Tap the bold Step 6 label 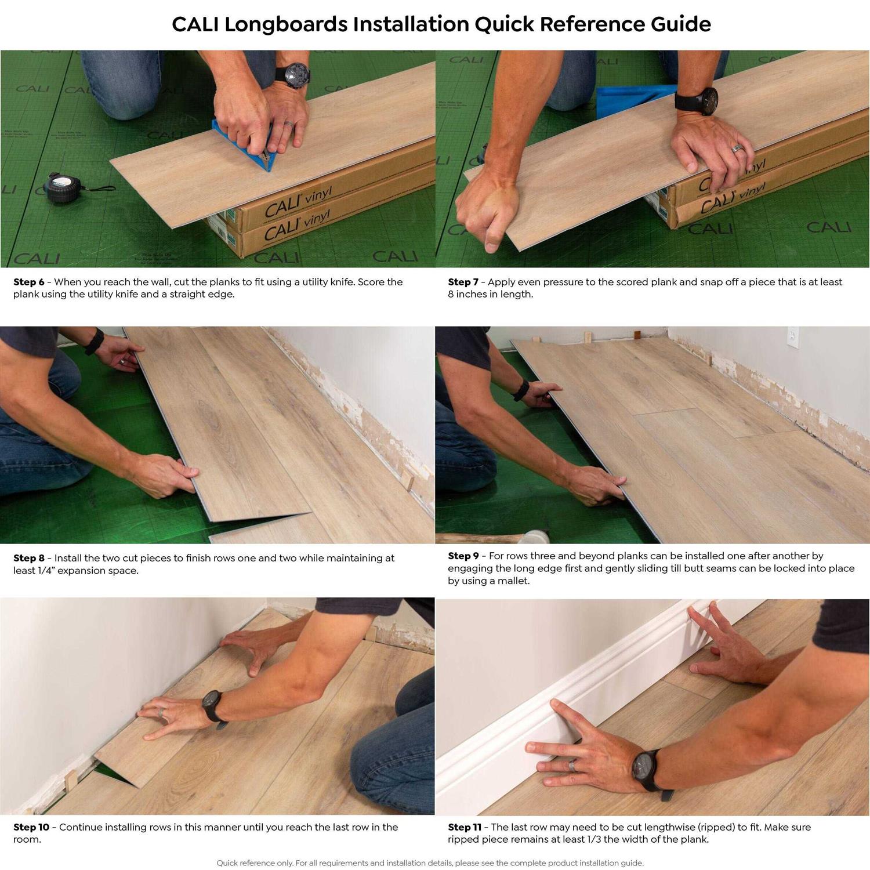[x=29, y=282]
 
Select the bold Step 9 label [x=463, y=556]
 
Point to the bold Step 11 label [x=465, y=827]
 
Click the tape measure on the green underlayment [x=63, y=187]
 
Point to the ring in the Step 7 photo [x=737, y=148]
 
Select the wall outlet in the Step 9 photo [x=792, y=338]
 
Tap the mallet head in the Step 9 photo [x=536, y=536]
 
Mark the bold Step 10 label [x=31, y=827]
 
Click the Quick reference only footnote [x=430, y=863]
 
